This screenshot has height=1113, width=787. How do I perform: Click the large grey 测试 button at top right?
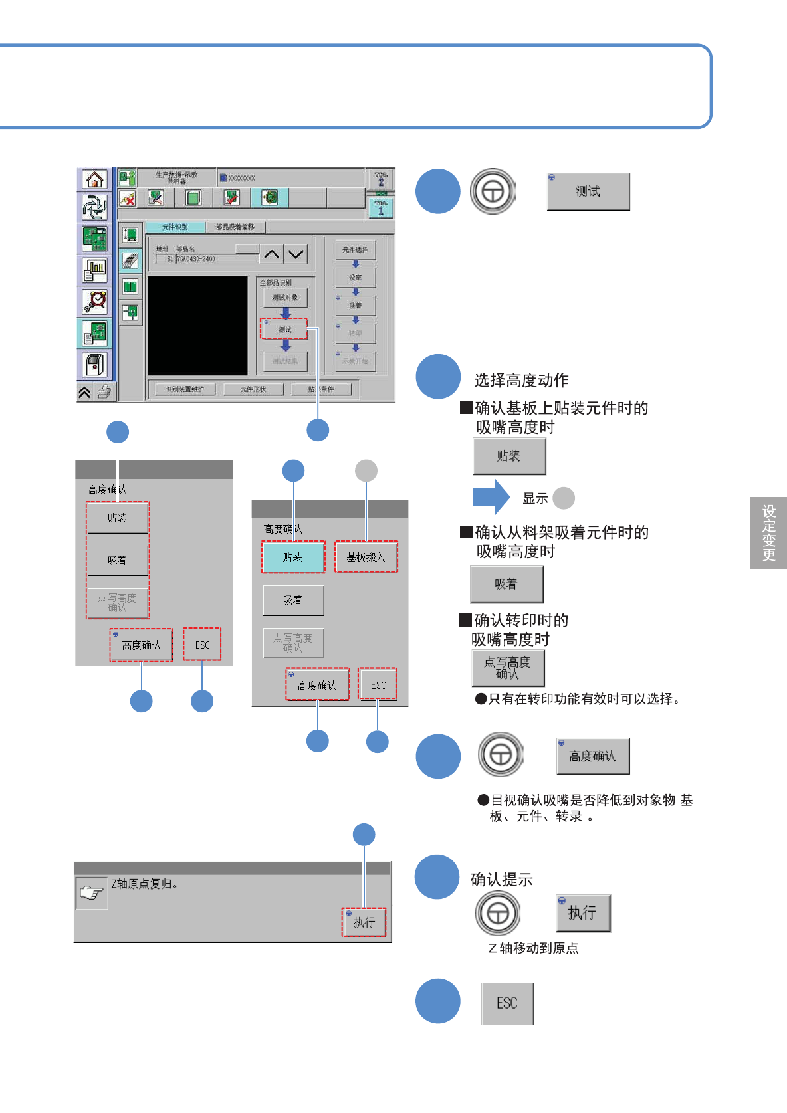point(588,192)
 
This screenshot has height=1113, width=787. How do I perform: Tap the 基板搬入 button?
point(366,557)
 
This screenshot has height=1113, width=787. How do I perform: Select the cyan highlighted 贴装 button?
point(292,557)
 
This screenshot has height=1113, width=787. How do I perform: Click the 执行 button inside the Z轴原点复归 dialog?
point(364,922)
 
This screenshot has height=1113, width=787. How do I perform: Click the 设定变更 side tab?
point(768,533)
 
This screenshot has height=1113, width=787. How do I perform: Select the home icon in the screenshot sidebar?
point(95,179)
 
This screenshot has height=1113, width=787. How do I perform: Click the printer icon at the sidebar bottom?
point(104,392)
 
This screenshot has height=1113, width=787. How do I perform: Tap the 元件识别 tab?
point(175,227)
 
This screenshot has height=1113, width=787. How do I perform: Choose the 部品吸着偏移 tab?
point(235,227)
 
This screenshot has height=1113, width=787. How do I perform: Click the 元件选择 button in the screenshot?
point(355,250)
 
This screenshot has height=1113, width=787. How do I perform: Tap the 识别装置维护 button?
point(185,389)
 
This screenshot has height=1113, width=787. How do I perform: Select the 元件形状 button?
point(253,389)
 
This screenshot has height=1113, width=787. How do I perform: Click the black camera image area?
point(197,326)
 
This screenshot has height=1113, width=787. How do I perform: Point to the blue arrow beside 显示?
point(491,497)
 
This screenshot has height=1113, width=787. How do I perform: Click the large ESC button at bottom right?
point(507,1003)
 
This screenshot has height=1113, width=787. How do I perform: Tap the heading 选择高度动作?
point(521,380)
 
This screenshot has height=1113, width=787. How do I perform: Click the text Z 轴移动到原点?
point(533,948)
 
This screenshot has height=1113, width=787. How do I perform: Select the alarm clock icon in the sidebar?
point(95,302)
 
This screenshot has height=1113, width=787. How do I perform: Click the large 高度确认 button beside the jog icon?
point(592,756)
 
